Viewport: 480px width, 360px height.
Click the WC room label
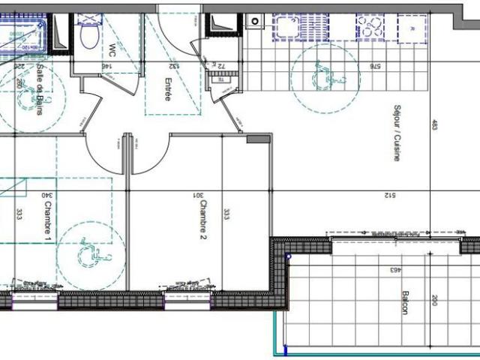tap(112, 51)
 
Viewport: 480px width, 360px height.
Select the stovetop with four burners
tap(373, 28)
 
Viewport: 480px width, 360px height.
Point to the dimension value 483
tap(433, 126)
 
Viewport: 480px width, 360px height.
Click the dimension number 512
tap(390, 196)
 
